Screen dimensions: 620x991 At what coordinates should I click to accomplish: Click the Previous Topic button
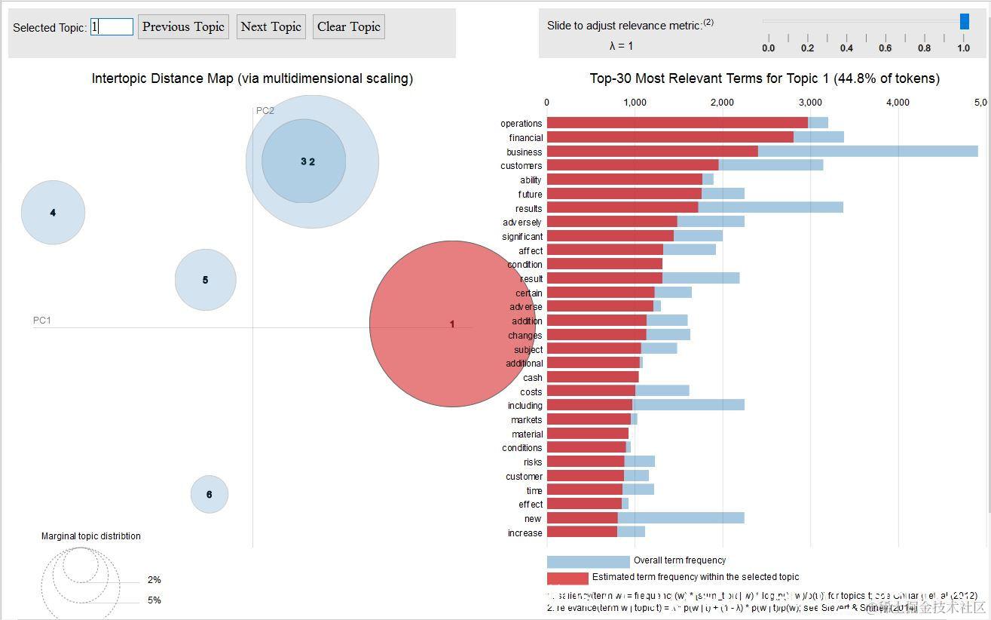tap(183, 27)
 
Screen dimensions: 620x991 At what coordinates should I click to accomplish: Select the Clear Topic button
tap(348, 27)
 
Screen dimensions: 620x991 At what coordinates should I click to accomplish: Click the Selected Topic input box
tap(112, 27)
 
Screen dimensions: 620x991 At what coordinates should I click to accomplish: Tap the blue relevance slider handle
tap(964, 22)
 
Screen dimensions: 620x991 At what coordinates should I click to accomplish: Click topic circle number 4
tap(53, 213)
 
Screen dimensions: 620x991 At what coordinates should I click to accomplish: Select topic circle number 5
tap(205, 280)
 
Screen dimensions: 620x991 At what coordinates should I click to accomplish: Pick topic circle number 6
tap(209, 495)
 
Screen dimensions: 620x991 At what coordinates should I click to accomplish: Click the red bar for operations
tap(677, 123)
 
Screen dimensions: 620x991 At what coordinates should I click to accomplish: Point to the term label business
tap(524, 152)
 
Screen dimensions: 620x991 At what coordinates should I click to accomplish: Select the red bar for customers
tap(632, 165)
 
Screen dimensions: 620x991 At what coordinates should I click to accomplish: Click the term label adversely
tap(522, 223)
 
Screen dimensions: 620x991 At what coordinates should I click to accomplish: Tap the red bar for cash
tap(592, 377)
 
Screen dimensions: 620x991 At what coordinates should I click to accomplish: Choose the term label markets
tap(526, 419)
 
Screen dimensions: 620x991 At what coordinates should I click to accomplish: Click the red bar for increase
tap(582, 533)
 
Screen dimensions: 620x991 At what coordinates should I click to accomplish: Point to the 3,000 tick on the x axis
tap(810, 102)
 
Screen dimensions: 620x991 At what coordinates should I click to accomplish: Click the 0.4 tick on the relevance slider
tap(846, 48)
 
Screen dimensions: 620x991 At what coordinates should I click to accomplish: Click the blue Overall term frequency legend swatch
tap(588, 561)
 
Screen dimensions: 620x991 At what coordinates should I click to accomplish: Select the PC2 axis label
tap(265, 111)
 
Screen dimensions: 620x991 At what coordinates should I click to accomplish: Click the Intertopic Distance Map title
tap(252, 78)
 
